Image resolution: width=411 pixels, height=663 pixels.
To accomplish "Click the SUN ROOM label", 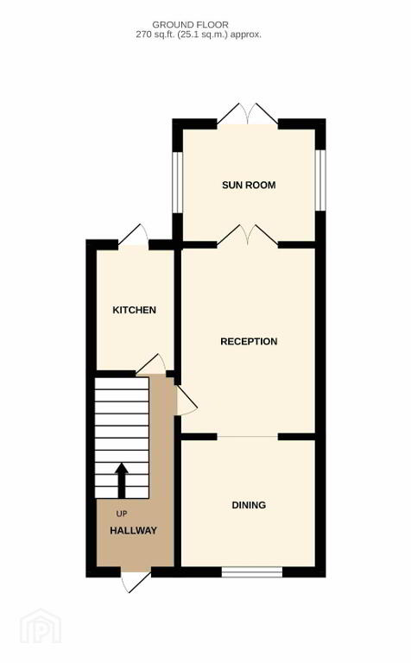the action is (x=249, y=185).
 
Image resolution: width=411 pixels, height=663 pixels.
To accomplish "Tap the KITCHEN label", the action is (x=134, y=310).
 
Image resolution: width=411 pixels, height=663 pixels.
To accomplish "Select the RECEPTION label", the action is (x=249, y=341).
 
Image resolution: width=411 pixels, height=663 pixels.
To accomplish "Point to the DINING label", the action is (x=249, y=505).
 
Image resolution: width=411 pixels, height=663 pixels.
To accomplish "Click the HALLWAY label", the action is (x=133, y=531).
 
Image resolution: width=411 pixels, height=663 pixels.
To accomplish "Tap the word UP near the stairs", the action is (x=122, y=515).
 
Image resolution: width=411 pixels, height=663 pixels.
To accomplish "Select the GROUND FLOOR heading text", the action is (x=190, y=25).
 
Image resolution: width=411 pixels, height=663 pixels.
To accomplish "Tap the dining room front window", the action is (x=252, y=572).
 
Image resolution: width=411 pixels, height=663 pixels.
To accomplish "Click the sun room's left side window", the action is (x=178, y=181).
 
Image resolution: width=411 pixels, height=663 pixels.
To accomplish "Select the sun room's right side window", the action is (x=320, y=180).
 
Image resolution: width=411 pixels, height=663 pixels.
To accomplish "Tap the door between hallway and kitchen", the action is (x=151, y=365).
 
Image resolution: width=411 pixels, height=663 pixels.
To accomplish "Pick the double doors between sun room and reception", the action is (x=248, y=236).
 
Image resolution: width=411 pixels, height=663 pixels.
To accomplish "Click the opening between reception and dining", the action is (x=248, y=436).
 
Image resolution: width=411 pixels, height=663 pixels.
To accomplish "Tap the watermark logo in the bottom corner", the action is (x=41, y=626).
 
